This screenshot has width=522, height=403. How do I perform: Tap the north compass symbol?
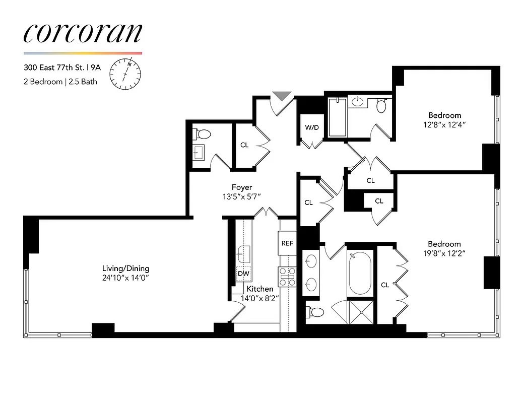tap(125, 73)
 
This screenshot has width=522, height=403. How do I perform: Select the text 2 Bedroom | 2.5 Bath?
tap(60, 81)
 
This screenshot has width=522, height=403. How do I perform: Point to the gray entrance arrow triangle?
tap(282, 96)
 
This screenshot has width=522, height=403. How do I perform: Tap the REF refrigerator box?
tap(287, 243)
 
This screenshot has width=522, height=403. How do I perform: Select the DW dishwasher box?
tap(243, 274)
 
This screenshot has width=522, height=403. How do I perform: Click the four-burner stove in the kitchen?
tap(287, 277)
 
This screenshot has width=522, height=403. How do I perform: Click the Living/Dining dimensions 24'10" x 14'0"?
tap(126, 278)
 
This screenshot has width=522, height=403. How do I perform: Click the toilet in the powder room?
tap(204, 135)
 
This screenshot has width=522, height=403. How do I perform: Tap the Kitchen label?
tap(260, 289)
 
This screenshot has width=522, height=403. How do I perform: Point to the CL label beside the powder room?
tap(244, 145)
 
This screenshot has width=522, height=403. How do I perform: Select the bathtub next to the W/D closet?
tap(337, 117)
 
